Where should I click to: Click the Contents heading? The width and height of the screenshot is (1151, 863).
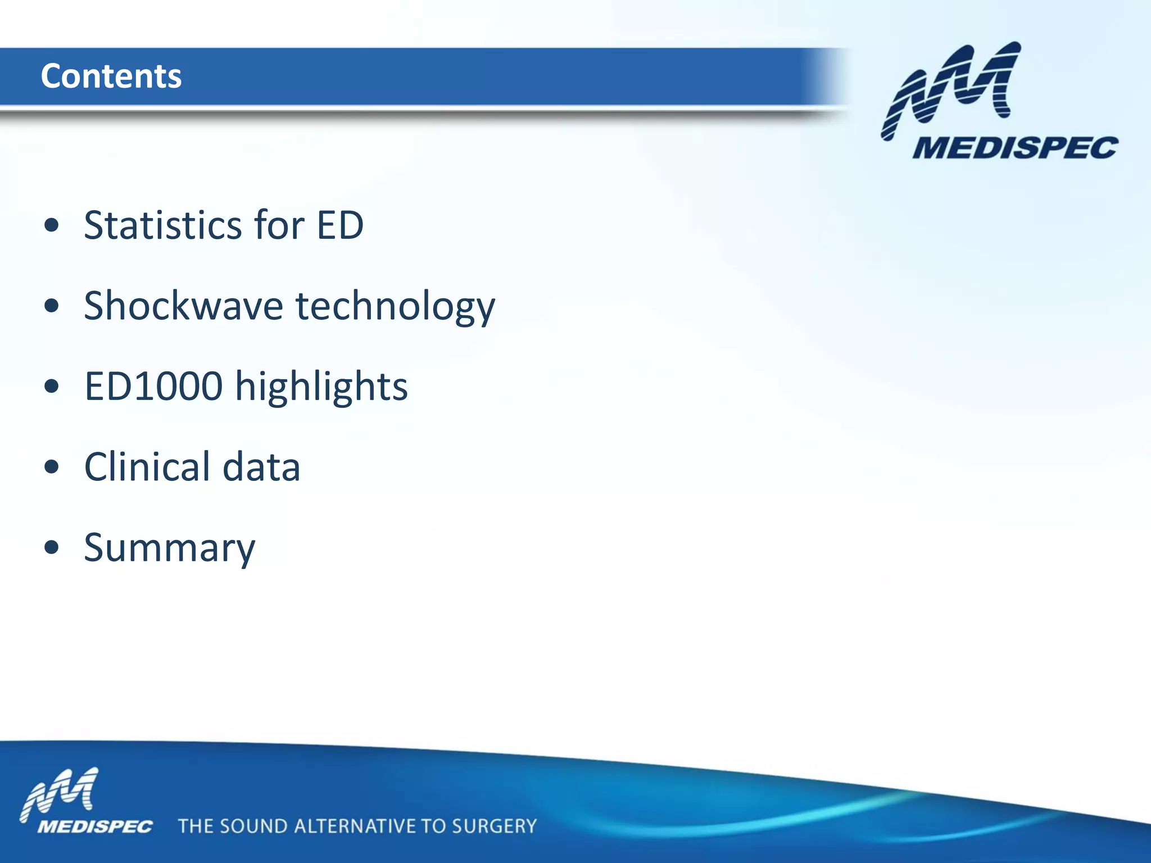point(111,76)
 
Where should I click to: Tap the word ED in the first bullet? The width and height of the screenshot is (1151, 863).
point(340,225)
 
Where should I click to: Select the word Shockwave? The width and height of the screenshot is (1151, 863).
point(183,306)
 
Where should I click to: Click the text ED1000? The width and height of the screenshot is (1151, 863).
point(153,387)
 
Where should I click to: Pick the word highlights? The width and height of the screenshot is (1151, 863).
point(321,388)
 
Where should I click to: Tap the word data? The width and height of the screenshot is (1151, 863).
point(261,467)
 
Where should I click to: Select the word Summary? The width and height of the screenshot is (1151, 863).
point(170,548)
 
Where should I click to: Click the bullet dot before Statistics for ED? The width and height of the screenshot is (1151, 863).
point(51,226)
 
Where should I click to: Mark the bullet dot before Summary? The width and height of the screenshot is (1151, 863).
point(51,548)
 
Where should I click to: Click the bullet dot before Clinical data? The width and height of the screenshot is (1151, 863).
point(51,467)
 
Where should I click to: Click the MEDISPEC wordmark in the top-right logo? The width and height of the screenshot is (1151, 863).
point(1015,148)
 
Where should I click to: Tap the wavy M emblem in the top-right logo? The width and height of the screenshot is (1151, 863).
point(950,87)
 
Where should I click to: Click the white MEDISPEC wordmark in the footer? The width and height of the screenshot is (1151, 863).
point(95,826)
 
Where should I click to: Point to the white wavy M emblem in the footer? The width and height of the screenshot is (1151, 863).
point(60,793)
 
